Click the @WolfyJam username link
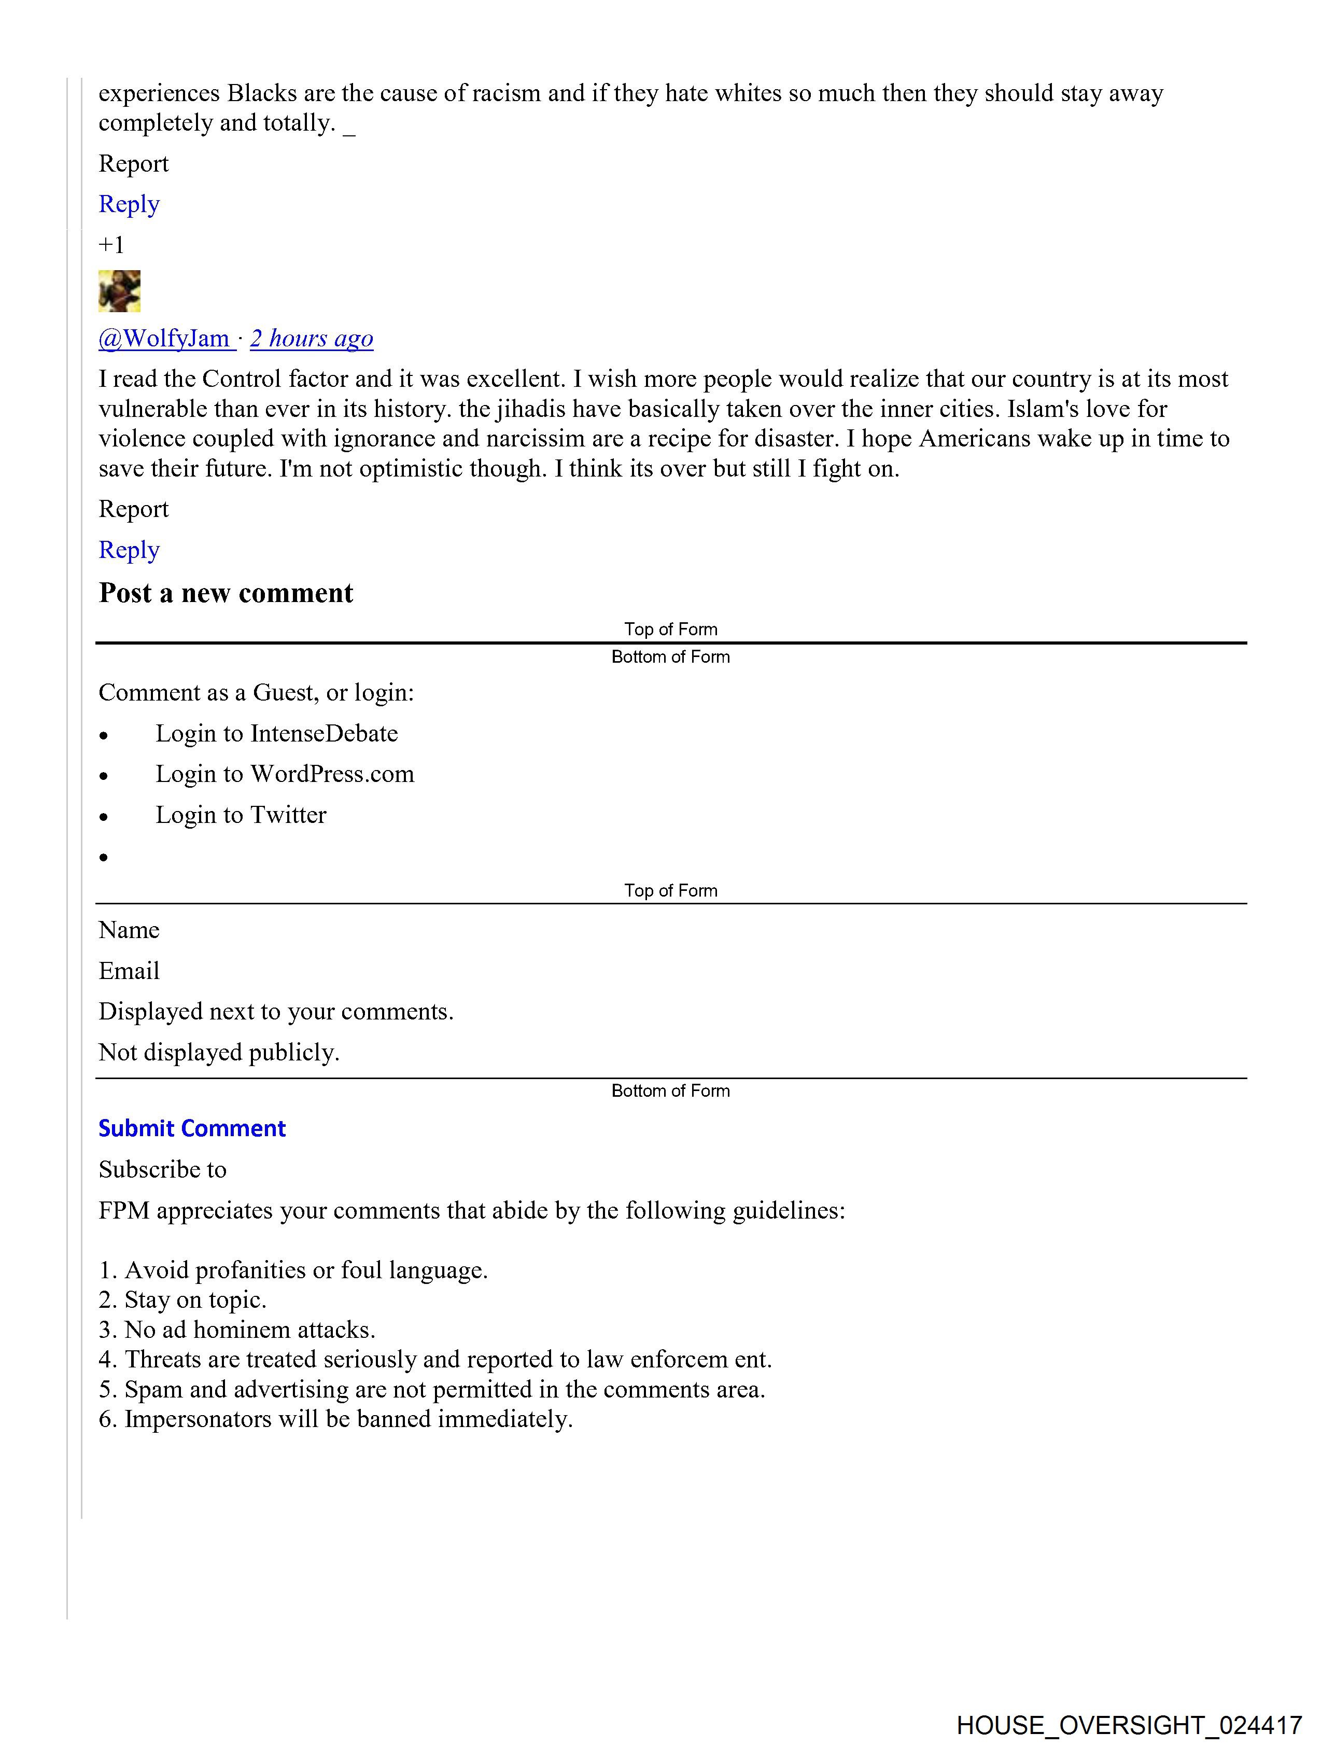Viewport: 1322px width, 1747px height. (163, 338)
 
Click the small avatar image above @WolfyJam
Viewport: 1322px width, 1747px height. (119, 291)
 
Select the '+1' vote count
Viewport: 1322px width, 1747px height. (111, 245)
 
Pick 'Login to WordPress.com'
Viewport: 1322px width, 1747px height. (284, 774)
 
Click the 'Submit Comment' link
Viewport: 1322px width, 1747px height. (192, 1128)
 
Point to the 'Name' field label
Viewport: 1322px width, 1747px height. (129, 930)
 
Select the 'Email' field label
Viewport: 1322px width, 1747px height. (129, 971)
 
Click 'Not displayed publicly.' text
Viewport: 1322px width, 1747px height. (219, 1052)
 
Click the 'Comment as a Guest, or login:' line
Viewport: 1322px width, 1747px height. (256, 693)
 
